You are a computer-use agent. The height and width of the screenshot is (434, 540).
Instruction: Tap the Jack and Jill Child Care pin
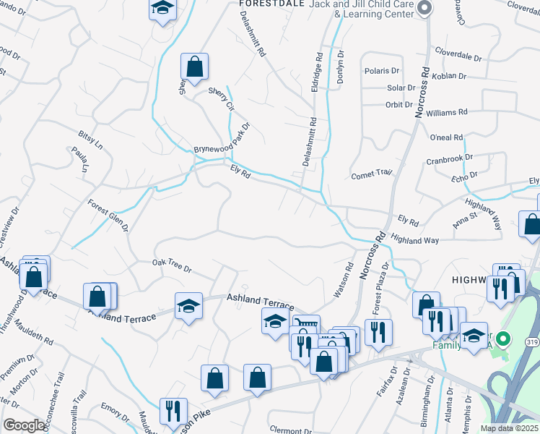tap(424, 9)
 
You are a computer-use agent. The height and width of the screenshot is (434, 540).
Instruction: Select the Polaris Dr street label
tap(383, 71)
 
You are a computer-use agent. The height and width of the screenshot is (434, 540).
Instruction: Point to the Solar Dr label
tap(401, 88)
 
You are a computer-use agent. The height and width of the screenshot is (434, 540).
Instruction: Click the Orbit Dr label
tap(399, 104)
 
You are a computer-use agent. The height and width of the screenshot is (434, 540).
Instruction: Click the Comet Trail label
tap(371, 174)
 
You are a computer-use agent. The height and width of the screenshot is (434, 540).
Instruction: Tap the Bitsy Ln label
tap(91, 140)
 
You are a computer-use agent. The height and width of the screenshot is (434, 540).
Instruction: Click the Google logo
tap(24, 425)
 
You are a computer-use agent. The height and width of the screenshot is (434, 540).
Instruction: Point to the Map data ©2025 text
tap(509, 428)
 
